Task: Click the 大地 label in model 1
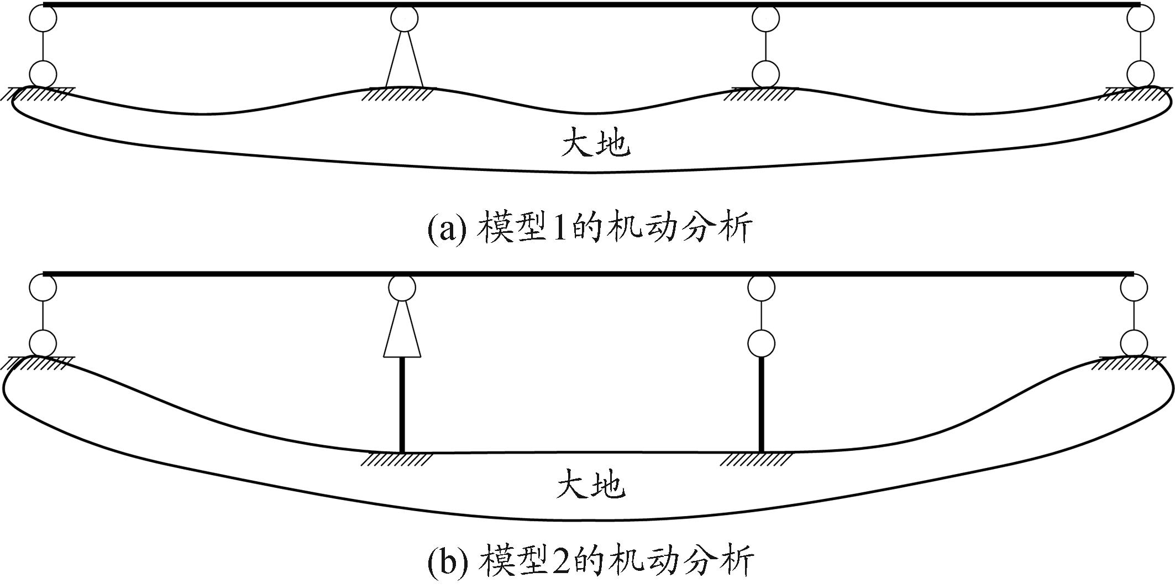tap(595, 142)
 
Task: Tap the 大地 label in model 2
tap(591, 485)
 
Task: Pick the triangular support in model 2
tap(402, 331)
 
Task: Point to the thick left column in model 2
tap(402, 405)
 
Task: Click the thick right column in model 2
tap(762, 405)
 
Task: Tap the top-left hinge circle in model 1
tap(43, 19)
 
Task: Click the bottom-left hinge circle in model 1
tap(43, 74)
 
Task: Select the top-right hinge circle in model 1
tap(1140, 19)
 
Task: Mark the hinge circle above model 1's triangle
tap(404, 18)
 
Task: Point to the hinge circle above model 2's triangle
tap(402, 287)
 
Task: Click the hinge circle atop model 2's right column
tap(761, 344)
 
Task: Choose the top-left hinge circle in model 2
tap(43, 287)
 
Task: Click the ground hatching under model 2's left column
tap(397, 460)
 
